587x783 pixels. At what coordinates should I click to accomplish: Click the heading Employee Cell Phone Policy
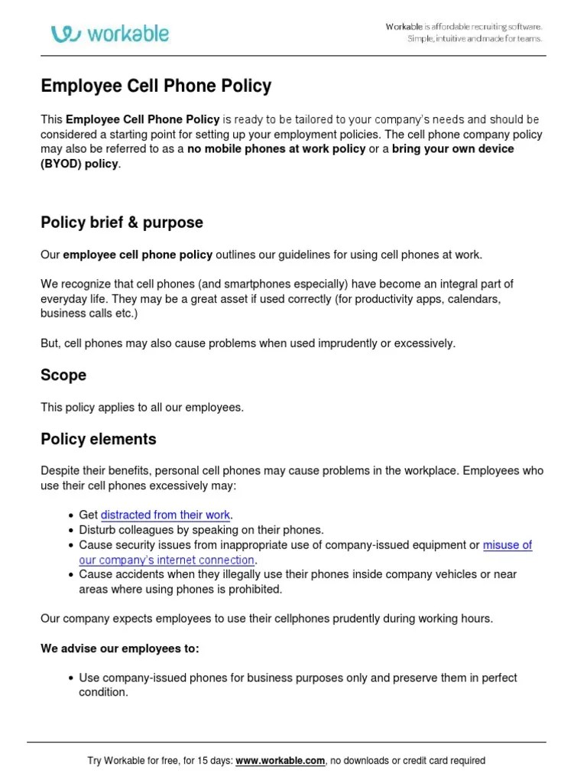[x=156, y=86]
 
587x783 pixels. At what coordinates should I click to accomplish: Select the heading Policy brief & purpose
[x=122, y=223]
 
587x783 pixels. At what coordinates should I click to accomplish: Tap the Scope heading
[x=63, y=375]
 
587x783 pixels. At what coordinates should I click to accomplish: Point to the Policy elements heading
[x=98, y=439]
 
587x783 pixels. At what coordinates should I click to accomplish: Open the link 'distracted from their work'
[x=165, y=515]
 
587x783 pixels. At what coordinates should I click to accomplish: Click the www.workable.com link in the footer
[x=281, y=761]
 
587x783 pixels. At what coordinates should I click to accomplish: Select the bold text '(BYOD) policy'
[x=80, y=164]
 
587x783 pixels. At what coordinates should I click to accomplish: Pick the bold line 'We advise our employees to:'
[x=119, y=648]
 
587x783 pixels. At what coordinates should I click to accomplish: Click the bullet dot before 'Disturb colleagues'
[x=70, y=530]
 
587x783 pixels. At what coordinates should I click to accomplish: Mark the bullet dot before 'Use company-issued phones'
[x=70, y=678]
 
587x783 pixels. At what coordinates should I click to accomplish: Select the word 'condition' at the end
[x=102, y=692]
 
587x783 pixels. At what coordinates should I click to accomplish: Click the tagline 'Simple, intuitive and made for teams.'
[x=474, y=39]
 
